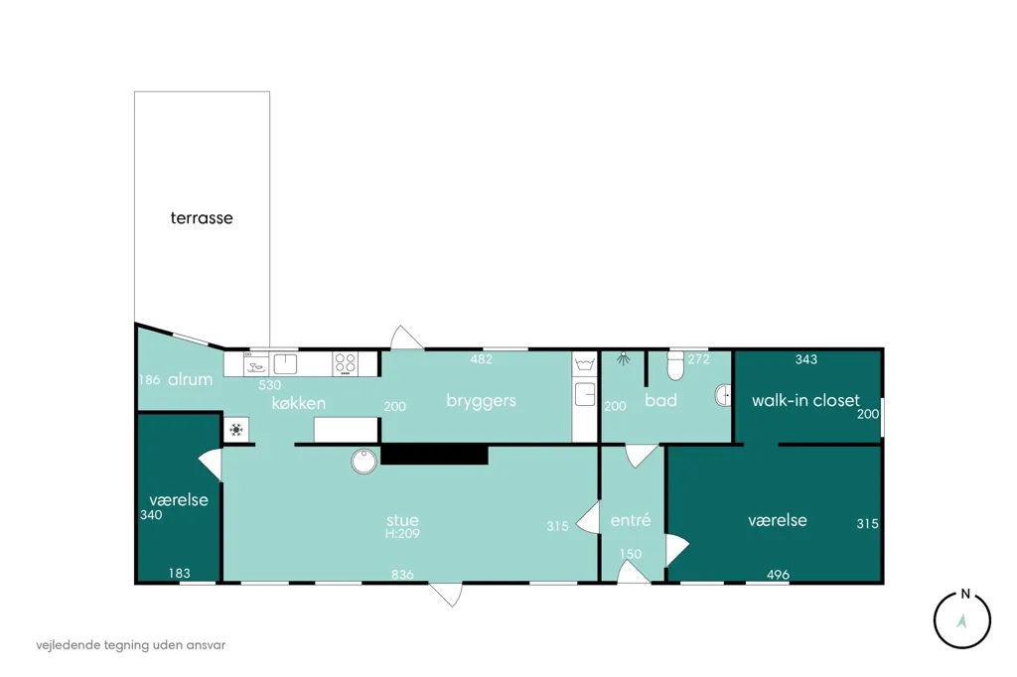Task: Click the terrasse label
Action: (201, 217)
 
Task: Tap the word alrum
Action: (190, 380)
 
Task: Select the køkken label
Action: (298, 403)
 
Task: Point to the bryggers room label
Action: (482, 401)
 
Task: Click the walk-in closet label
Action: (805, 400)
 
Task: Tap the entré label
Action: (631, 520)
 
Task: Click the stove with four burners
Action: (345, 363)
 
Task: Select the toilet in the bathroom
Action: (675, 366)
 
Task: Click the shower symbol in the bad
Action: (624, 358)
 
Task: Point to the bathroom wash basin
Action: (723, 395)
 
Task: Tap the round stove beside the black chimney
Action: (363, 461)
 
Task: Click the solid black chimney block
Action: (434, 454)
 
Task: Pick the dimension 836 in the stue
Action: (402, 575)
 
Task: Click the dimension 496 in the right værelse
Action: (778, 575)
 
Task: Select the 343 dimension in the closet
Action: (806, 359)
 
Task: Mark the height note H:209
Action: (402, 534)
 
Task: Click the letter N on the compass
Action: (965, 594)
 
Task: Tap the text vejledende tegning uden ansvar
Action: (131, 645)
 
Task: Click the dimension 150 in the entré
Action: (631, 554)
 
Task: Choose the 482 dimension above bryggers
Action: (482, 359)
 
